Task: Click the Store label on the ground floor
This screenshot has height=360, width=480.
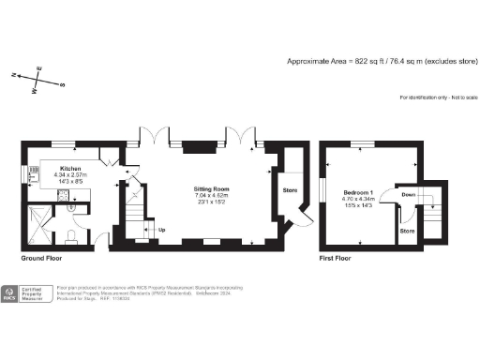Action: [289, 191]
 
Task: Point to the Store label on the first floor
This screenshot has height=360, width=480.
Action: [407, 229]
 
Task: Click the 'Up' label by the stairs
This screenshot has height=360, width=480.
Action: [162, 229]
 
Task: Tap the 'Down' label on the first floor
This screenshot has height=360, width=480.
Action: [407, 195]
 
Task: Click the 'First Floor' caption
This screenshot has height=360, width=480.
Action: [337, 257]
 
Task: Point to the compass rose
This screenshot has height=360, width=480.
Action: [37, 79]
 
